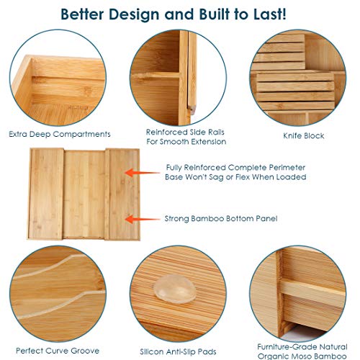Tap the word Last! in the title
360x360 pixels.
[270, 14]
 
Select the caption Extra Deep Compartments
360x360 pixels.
[60, 134]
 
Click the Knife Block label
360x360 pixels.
[304, 136]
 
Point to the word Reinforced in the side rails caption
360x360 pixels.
[167, 132]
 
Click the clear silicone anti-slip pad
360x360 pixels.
[174, 289]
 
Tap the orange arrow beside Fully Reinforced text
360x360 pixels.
[143, 173]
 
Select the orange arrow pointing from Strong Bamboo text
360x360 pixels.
[143, 219]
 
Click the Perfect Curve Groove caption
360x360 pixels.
[58, 351]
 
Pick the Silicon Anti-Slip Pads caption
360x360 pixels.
[178, 352]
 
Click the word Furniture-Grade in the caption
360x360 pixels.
[284, 347]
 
